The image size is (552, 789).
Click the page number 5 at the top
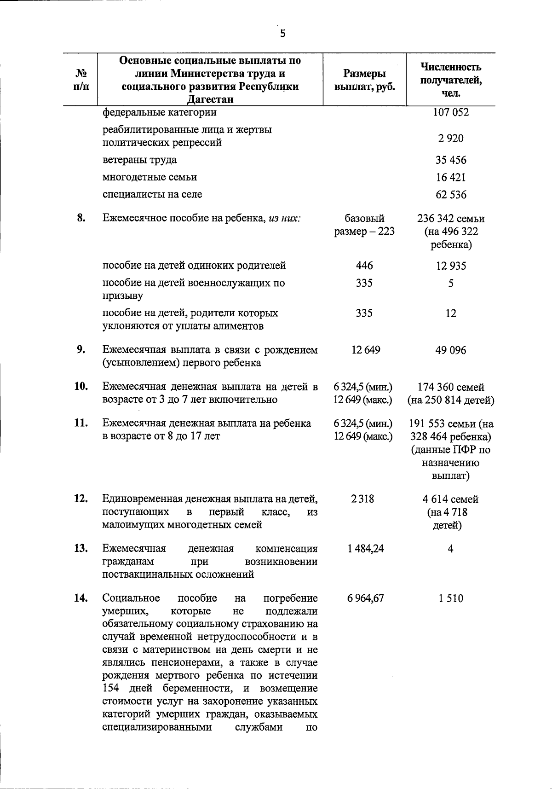282,33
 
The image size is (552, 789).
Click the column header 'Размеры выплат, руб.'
364,80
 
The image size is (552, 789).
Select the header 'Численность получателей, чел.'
451,80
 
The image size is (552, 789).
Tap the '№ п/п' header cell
80,80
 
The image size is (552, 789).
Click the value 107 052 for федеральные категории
451,112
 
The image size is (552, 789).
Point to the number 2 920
451,138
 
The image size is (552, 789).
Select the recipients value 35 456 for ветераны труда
451,160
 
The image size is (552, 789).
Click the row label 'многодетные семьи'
149,177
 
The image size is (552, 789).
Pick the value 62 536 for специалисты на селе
451,195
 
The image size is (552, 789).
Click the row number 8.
81,218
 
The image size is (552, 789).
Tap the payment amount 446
364,266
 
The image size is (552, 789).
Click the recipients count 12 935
451,266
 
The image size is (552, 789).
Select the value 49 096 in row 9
451,350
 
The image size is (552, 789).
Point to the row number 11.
81,423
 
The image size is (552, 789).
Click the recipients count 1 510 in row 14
451,598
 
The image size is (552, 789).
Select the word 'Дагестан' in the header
210,100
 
